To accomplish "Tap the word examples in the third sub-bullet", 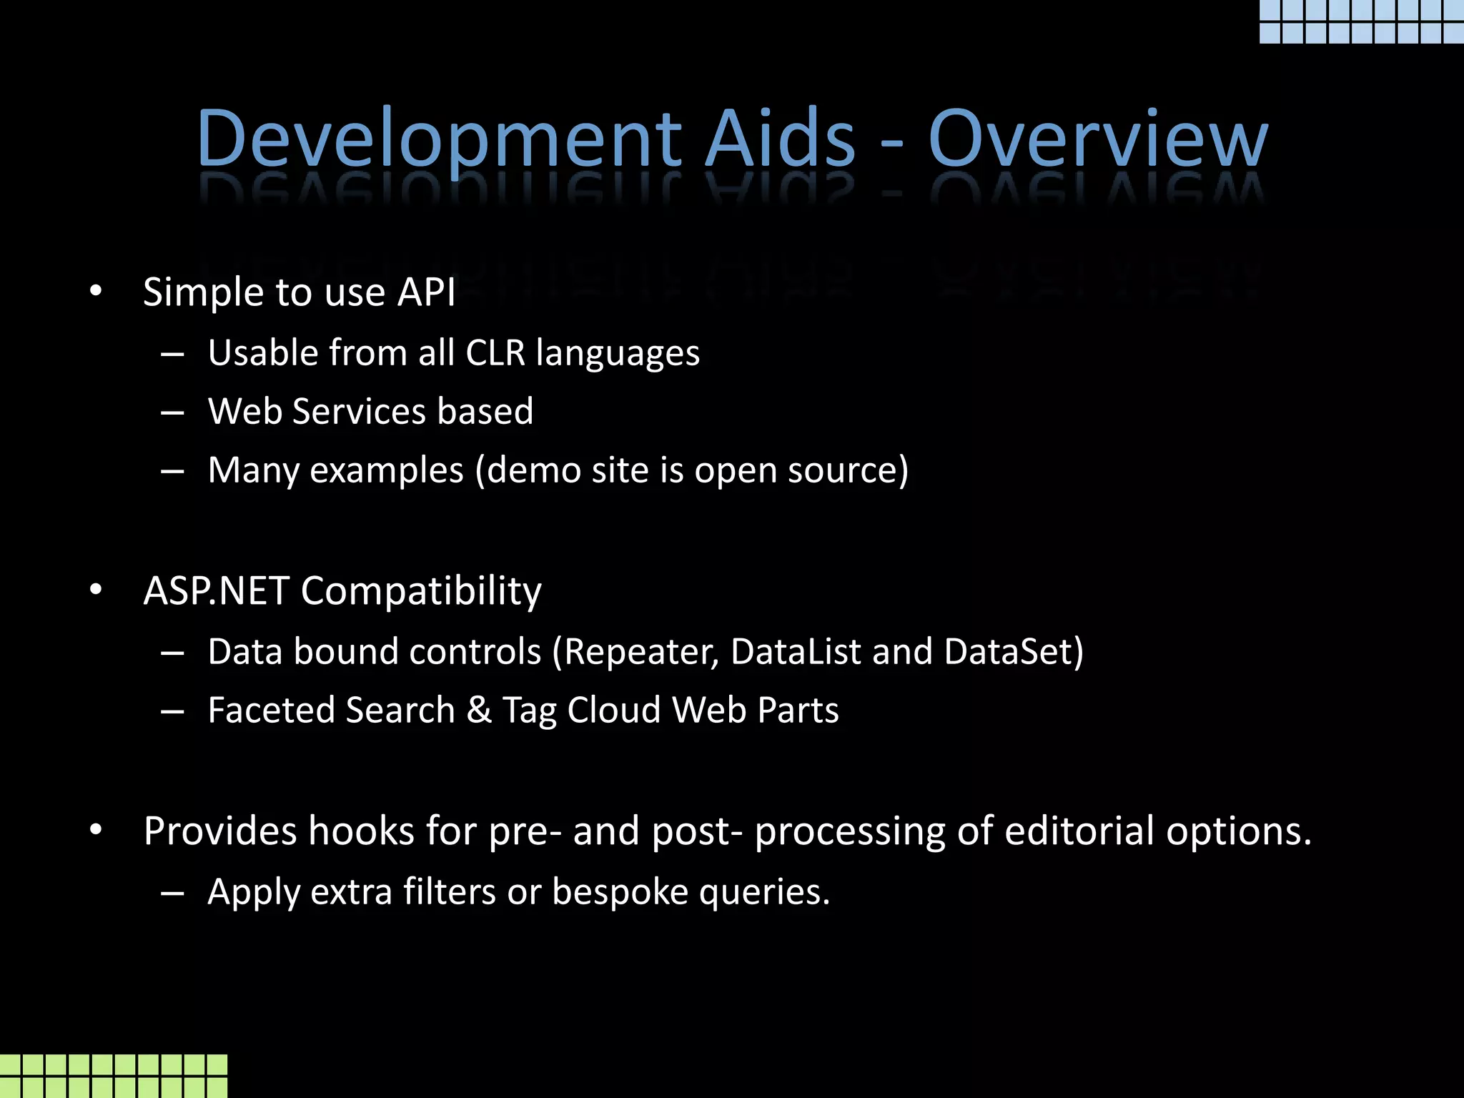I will point(387,470).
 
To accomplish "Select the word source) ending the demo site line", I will point(848,470).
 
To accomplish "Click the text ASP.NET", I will point(216,590).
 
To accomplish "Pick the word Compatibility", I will point(421,590).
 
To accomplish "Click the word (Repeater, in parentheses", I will point(635,652).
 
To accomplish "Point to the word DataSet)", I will point(1014,652).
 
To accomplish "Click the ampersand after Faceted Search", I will point(479,711).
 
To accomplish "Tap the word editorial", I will point(1079,831).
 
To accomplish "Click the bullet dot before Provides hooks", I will point(97,831).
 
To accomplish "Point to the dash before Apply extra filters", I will point(173,893).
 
